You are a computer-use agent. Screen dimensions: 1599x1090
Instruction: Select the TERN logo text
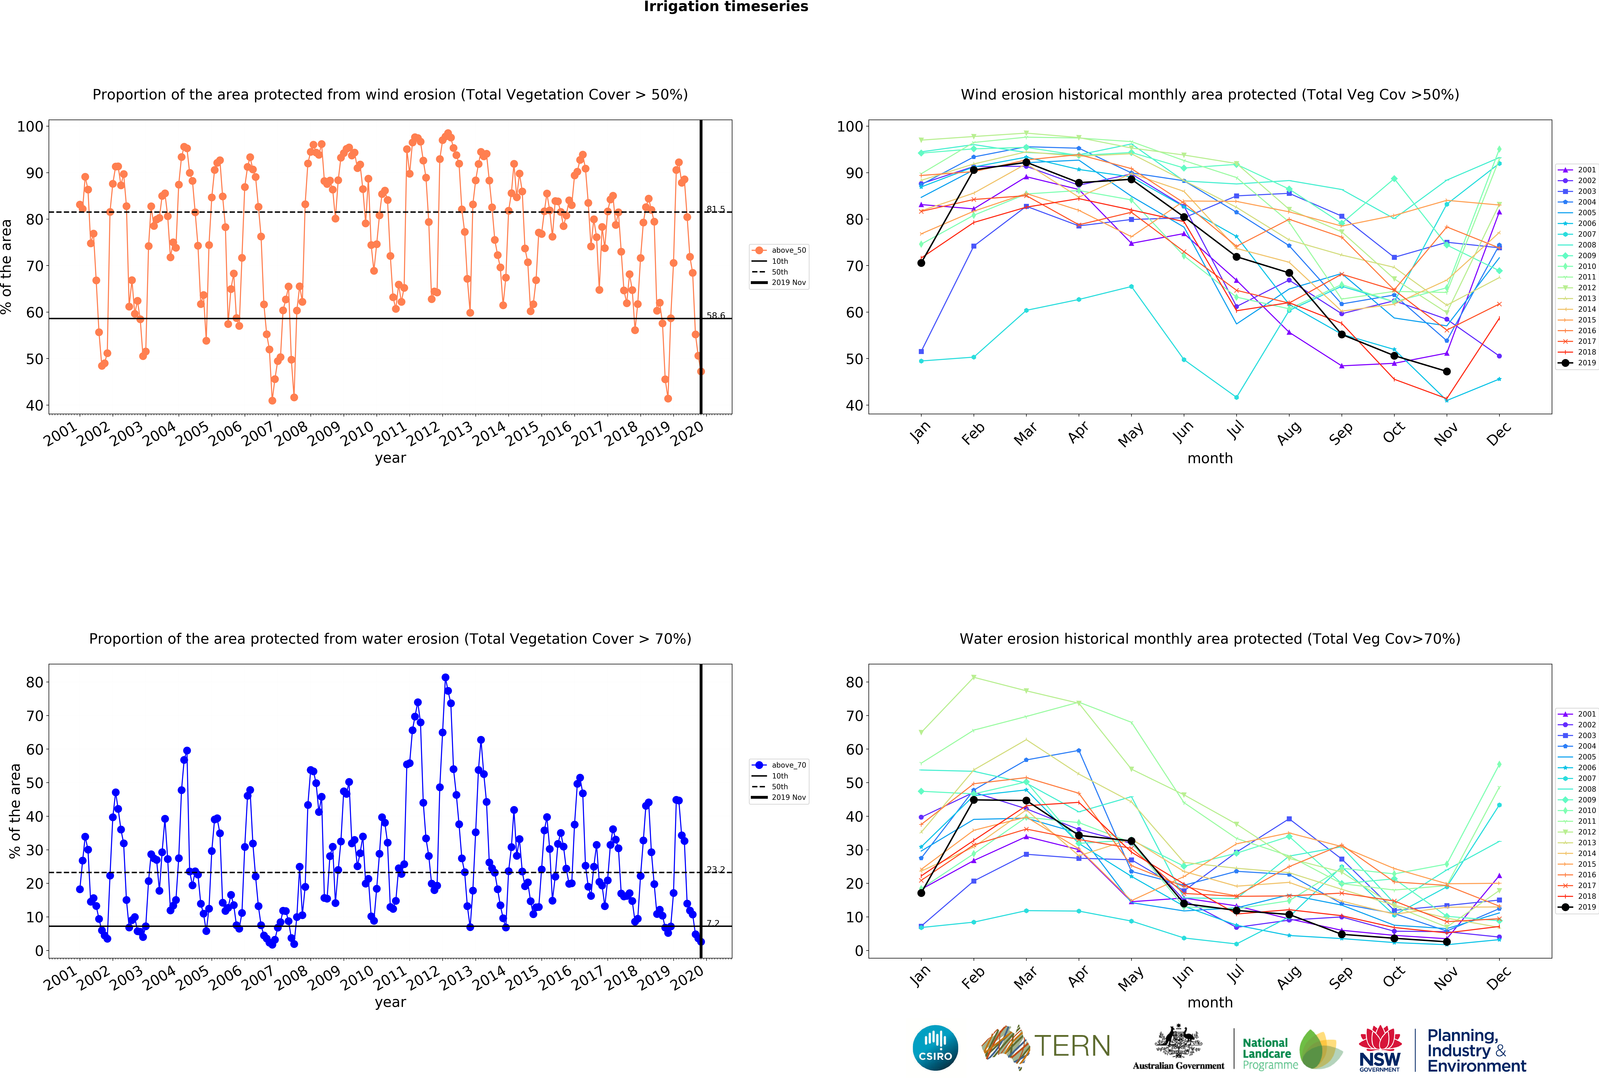(1072, 1046)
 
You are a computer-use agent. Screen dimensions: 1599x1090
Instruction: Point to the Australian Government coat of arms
(1179, 1041)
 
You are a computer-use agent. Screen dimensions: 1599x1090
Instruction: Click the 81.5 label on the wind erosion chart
(715, 209)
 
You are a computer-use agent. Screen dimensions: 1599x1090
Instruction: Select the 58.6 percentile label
(715, 316)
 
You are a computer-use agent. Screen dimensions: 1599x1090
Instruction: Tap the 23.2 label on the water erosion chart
(715, 870)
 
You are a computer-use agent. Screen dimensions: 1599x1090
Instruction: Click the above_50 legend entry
(780, 250)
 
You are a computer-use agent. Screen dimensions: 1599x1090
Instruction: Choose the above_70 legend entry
(780, 765)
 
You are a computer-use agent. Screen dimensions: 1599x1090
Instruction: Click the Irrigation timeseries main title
(726, 7)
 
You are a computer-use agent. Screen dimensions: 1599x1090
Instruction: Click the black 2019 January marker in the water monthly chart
(921, 892)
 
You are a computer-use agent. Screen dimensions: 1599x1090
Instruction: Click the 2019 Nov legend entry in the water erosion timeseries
(780, 798)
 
